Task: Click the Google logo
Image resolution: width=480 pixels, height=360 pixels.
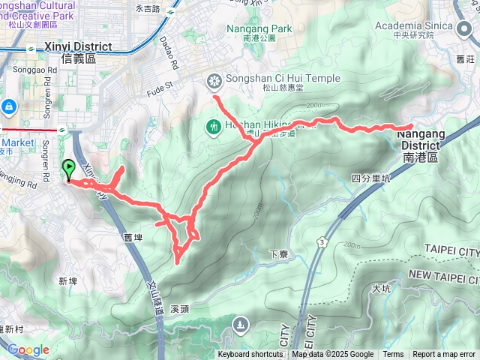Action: coord(28,349)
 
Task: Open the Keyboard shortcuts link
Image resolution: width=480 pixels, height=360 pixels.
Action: coord(250,355)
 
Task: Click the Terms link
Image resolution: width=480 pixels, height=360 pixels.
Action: coord(393,355)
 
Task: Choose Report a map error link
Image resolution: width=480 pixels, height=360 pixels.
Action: coord(444,355)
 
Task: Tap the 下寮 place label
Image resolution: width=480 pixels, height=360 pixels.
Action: coord(279,256)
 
